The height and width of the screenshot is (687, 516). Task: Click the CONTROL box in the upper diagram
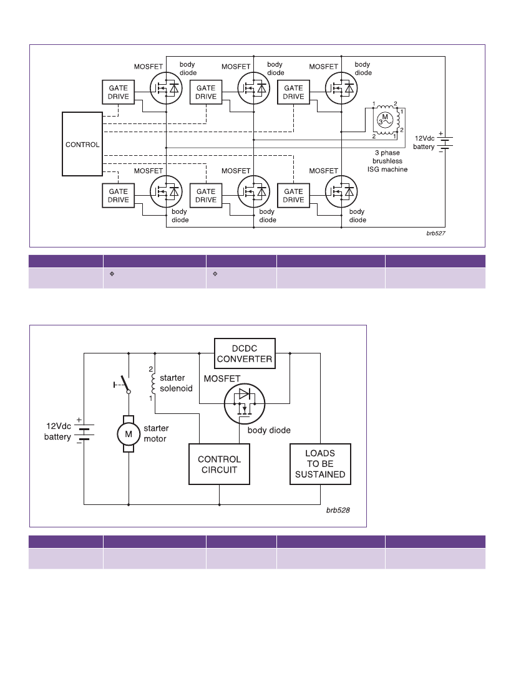pyautogui.click(x=82, y=144)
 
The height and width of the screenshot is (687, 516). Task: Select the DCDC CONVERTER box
pyautogui.click(x=245, y=353)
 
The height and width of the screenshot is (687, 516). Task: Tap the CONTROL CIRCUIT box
pyautogui.click(x=219, y=464)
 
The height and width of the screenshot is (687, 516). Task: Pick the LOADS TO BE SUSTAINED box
pyautogui.click(x=320, y=464)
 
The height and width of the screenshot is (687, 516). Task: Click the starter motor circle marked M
pyautogui.click(x=129, y=434)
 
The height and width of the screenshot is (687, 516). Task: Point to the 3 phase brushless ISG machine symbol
pyautogui.click(x=386, y=120)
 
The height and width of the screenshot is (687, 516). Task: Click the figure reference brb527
pyautogui.click(x=436, y=233)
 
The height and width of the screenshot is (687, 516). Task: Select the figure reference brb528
pyautogui.click(x=338, y=510)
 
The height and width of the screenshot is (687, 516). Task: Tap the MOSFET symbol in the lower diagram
pyautogui.click(x=245, y=403)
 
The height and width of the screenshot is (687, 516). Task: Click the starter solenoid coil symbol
pyautogui.click(x=153, y=383)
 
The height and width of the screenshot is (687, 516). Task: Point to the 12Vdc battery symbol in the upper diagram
pyautogui.click(x=445, y=142)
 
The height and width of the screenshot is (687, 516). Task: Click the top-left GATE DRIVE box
pyautogui.click(x=119, y=92)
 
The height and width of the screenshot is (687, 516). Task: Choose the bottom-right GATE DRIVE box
pyautogui.click(x=294, y=195)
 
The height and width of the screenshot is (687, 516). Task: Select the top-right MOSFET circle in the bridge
pyautogui.click(x=341, y=88)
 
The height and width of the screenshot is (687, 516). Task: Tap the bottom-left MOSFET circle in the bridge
pyautogui.click(x=166, y=191)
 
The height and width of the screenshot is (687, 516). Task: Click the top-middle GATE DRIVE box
pyautogui.click(x=206, y=92)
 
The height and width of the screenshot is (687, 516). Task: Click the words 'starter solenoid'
pyautogui.click(x=176, y=383)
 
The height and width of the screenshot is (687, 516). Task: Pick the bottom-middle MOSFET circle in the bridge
pyautogui.click(x=254, y=191)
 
